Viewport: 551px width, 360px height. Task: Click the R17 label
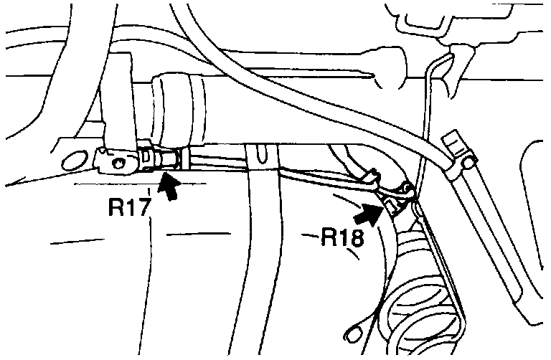tap(131, 207)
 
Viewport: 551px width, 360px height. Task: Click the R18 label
tap(342, 237)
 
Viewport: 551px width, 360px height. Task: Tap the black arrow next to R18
tap(368, 213)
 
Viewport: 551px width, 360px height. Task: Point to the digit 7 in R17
tap(145, 207)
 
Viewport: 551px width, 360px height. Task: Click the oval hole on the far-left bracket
tap(72, 161)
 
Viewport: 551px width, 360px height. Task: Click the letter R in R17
tap(117, 207)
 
